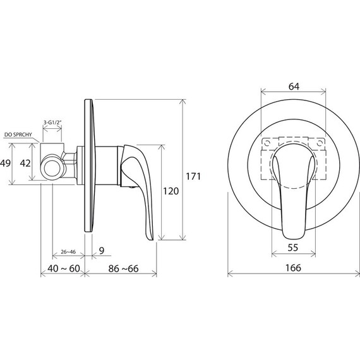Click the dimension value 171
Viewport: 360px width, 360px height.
tap(193, 176)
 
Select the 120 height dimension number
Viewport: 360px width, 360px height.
tap(171, 191)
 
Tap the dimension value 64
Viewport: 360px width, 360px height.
tap(294, 87)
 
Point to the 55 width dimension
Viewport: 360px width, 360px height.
tap(292, 248)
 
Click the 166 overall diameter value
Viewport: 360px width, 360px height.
tap(293, 268)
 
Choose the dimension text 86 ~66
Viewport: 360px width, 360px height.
tap(123, 268)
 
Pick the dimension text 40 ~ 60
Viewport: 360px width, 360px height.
tap(64, 268)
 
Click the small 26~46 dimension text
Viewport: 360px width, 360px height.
tap(68, 252)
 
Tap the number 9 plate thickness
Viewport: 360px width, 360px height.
tap(102, 250)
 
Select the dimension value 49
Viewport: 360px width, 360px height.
tap(5, 163)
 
